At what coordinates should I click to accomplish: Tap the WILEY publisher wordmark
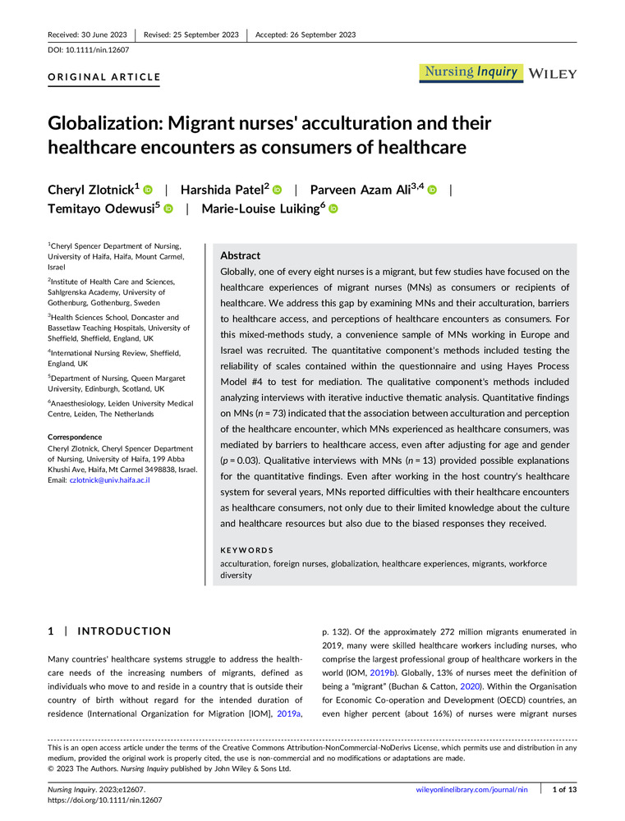[x=553, y=73]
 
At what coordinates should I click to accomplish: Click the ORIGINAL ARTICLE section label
[x=103, y=78]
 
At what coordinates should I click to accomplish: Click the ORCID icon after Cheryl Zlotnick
[x=149, y=190]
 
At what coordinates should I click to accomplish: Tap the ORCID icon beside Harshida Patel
[x=277, y=190]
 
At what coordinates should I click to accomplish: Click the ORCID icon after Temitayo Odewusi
[x=168, y=209]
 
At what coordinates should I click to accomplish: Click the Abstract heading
[x=241, y=255]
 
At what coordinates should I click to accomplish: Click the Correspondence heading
[x=75, y=438]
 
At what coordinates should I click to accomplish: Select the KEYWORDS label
[x=247, y=550]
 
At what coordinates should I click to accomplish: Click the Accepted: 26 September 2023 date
[x=306, y=34]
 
